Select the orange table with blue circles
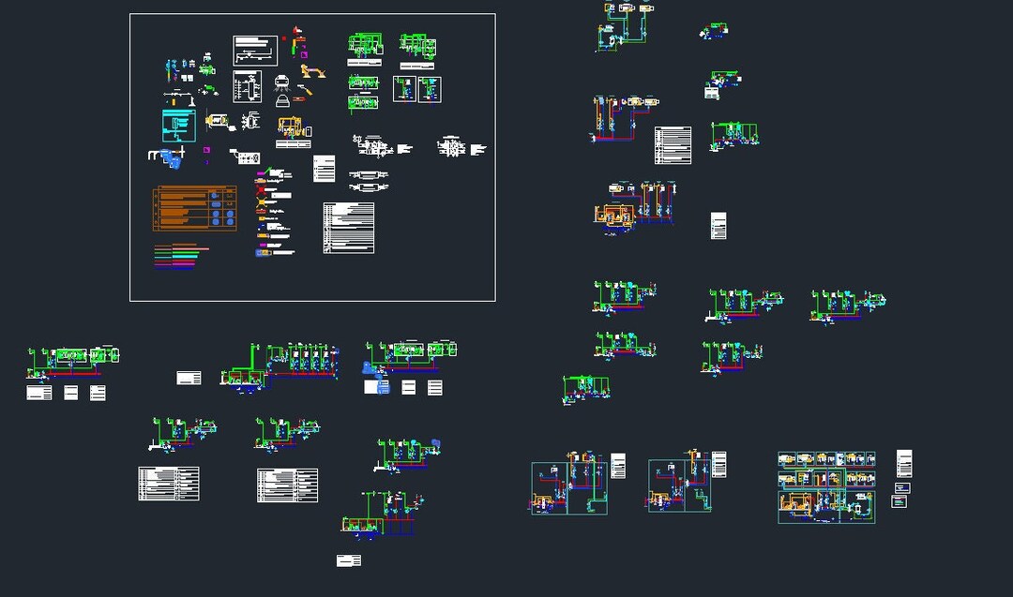(194, 208)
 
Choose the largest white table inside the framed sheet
(348, 228)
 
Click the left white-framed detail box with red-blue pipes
(403, 89)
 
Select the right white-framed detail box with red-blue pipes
(430, 89)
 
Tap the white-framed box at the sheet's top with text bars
(255, 51)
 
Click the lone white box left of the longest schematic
(189, 378)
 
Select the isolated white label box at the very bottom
(349, 560)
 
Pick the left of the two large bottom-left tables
(169, 484)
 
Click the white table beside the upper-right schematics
(673, 145)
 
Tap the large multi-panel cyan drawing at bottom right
(825, 487)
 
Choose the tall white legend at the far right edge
(904, 464)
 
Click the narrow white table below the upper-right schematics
(718, 226)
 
